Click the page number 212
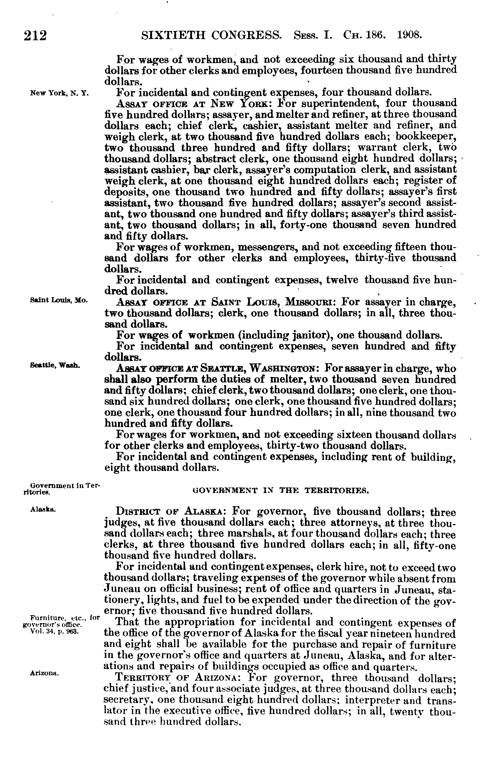[35, 35]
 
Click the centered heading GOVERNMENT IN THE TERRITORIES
[280, 491]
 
